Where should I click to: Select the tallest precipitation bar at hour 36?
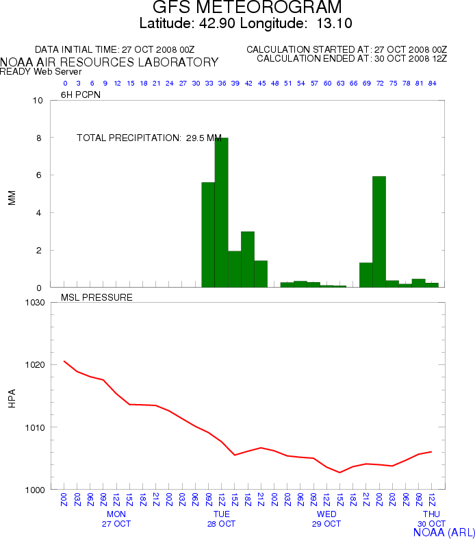[x=221, y=212]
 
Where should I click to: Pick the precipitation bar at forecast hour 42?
[x=248, y=260]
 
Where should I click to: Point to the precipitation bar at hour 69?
[x=366, y=275]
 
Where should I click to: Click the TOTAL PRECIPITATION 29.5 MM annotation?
[x=149, y=138]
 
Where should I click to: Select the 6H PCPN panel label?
[x=81, y=95]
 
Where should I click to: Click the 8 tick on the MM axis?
[x=39, y=138]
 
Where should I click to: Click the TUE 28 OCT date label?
[x=221, y=518]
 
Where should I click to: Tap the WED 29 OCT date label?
[x=326, y=518]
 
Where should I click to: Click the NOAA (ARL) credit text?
[x=444, y=531]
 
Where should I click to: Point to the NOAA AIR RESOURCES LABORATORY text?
[x=110, y=62]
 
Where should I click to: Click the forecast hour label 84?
[x=432, y=83]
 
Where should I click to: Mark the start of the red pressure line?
[x=64, y=361]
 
